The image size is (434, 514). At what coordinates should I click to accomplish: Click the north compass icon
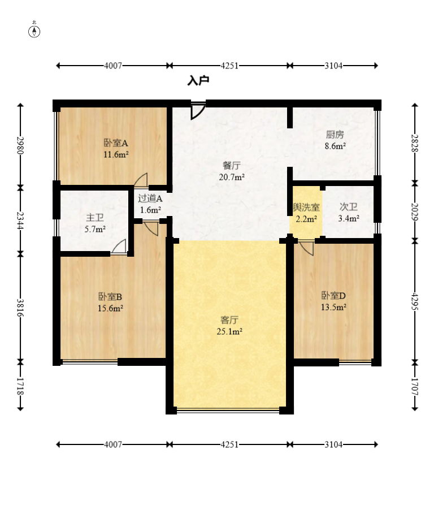(x=34, y=31)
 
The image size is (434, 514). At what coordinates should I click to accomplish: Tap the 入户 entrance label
(x=198, y=81)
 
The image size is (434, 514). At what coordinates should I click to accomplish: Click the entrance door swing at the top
(x=198, y=111)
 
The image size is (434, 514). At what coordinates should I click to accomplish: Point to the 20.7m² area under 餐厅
(x=232, y=177)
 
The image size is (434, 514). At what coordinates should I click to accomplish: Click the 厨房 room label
(x=335, y=135)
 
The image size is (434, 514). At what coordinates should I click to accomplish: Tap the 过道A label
(x=150, y=198)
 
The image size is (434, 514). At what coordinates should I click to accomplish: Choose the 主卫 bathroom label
(x=95, y=218)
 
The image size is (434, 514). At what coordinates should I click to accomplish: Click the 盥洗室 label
(x=306, y=208)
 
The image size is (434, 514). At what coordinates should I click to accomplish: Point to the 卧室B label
(x=110, y=297)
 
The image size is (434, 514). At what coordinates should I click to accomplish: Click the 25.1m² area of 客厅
(x=229, y=332)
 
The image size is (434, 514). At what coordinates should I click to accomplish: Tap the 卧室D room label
(x=333, y=296)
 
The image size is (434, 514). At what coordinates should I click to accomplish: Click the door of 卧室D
(x=306, y=248)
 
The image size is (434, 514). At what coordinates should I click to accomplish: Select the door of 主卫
(x=119, y=247)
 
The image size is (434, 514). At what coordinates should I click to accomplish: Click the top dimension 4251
(x=229, y=66)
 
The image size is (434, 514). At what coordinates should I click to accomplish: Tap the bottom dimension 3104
(x=333, y=444)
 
